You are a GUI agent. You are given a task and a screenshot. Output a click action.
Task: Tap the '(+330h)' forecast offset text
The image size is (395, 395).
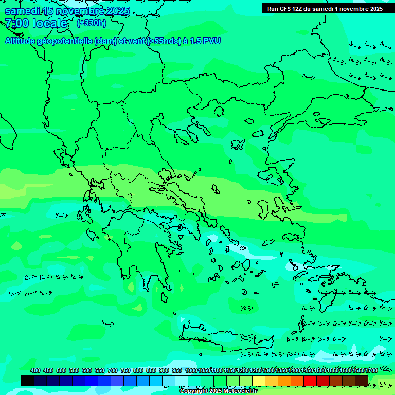(92, 23)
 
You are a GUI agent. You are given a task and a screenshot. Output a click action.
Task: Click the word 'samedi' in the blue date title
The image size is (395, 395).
(23, 11)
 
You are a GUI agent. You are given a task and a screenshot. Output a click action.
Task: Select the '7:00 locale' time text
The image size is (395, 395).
(36, 23)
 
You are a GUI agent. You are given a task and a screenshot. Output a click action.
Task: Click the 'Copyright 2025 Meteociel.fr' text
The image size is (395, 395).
(218, 391)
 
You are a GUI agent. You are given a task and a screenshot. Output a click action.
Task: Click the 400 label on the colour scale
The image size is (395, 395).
(35, 370)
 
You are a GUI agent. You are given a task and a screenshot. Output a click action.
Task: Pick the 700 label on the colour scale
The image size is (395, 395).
(113, 370)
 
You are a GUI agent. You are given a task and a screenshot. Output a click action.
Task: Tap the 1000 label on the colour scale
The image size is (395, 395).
(191, 370)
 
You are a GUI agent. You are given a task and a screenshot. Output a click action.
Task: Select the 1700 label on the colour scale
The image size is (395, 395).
(371, 370)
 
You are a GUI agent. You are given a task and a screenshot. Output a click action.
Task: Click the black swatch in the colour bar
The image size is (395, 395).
(27, 381)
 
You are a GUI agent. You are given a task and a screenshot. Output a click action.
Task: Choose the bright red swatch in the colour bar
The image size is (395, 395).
(310, 381)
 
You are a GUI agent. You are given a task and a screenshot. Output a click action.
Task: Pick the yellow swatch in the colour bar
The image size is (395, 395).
(259, 381)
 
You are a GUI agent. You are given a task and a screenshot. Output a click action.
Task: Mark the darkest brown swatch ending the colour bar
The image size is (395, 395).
(362, 381)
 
